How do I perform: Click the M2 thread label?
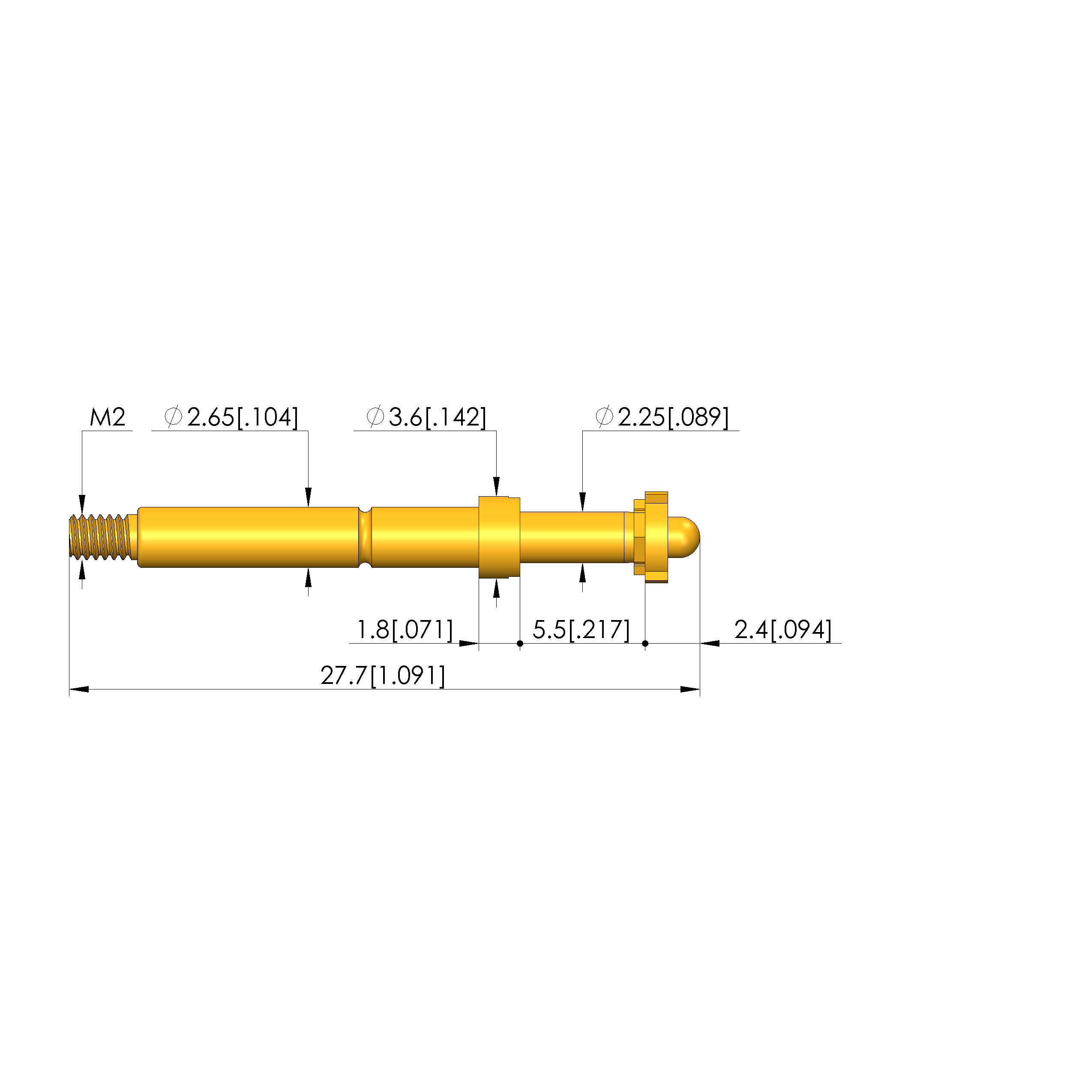(x=108, y=417)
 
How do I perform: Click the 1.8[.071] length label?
(x=405, y=630)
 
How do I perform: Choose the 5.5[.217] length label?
(x=581, y=630)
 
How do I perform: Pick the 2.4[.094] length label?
(x=783, y=630)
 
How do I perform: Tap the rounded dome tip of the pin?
(x=685, y=537)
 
